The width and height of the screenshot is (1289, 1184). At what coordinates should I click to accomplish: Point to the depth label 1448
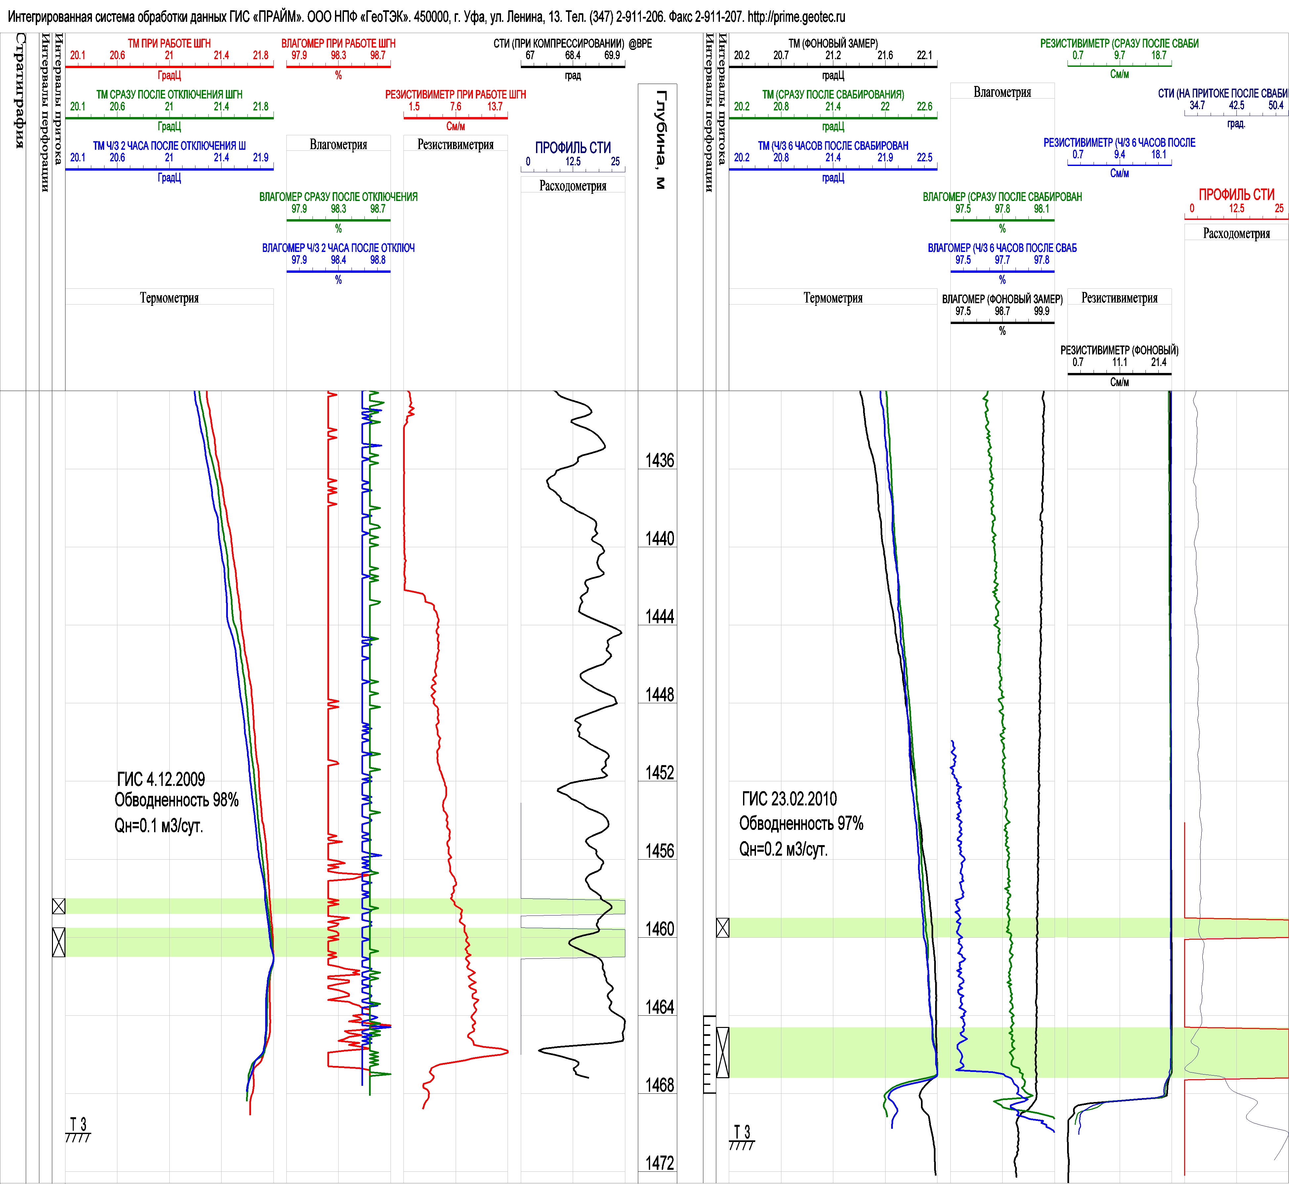click(659, 695)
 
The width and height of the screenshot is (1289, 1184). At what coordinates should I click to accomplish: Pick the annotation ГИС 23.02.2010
click(789, 799)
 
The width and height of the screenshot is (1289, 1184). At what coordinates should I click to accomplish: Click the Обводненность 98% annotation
click(176, 800)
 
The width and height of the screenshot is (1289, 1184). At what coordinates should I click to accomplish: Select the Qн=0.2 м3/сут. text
click(783, 849)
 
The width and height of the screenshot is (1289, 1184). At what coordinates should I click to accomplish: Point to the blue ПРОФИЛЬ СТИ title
click(573, 148)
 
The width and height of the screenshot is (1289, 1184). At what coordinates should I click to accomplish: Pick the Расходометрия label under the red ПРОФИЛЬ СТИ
click(1236, 233)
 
